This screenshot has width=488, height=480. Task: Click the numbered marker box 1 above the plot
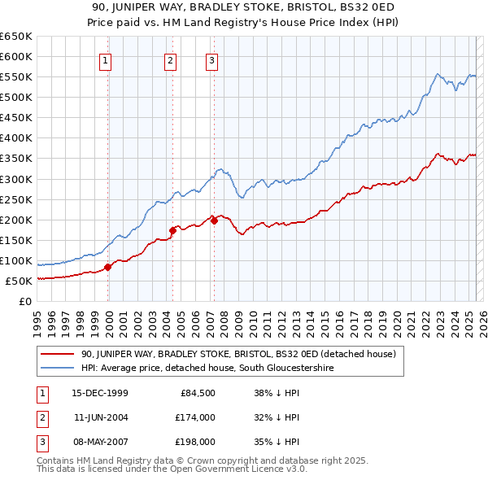(x=107, y=59)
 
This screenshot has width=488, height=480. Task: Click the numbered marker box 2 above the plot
(x=170, y=59)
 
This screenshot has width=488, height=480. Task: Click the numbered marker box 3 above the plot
(x=211, y=59)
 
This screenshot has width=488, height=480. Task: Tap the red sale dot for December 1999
(x=108, y=267)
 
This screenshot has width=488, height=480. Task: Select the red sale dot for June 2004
(x=173, y=230)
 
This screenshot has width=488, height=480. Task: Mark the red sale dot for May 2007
(x=214, y=220)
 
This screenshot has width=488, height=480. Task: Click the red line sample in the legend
(x=58, y=354)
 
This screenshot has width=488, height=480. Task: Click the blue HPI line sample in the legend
(x=58, y=368)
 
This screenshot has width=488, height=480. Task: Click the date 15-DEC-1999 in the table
(x=100, y=393)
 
